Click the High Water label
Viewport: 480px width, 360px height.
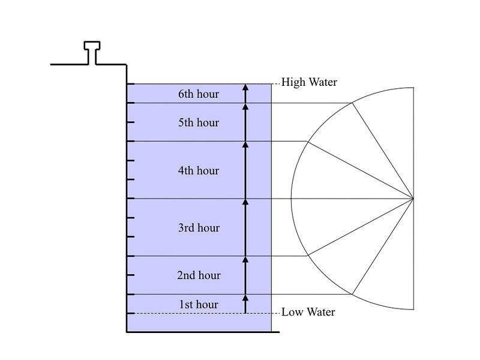point(309,82)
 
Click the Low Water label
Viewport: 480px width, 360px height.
point(308,312)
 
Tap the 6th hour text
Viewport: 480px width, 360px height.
point(199,94)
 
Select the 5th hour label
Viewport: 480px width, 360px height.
point(199,123)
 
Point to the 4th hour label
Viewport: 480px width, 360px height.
point(199,171)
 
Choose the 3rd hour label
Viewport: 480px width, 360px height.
point(199,228)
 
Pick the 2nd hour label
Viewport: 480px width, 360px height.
point(199,275)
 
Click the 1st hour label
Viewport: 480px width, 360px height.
point(199,305)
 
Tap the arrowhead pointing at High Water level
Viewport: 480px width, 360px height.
point(245,88)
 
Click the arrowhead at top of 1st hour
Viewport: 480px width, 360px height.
point(245,298)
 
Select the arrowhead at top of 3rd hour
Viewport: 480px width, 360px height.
point(245,202)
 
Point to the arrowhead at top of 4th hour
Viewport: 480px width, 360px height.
point(245,145)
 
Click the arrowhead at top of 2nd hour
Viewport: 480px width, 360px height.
point(245,260)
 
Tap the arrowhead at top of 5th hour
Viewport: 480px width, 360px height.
point(245,107)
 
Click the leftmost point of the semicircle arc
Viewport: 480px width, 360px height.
point(291,198)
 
